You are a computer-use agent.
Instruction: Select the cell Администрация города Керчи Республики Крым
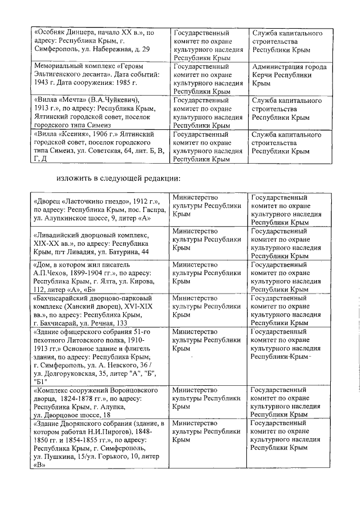[289, 75]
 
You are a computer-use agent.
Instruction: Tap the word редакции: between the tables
[160, 179]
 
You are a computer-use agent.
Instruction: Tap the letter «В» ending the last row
[39, 466]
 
